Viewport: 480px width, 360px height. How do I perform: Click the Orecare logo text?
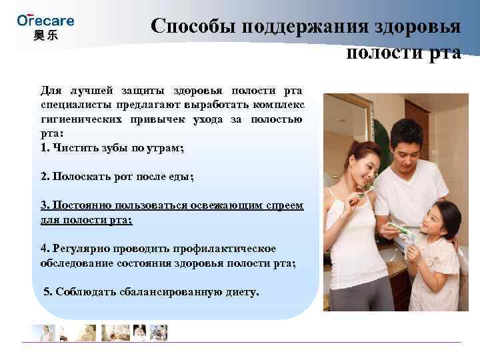click(x=45, y=20)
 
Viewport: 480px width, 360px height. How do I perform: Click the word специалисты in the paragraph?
click(x=71, y=105)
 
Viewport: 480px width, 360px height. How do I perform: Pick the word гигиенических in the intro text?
click(x=77, y=119)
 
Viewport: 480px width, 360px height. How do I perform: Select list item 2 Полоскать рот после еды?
click(x=117, y=177)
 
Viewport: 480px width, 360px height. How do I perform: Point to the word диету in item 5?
click(x=241, y=292)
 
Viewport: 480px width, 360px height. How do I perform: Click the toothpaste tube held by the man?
click(x=399, y=230)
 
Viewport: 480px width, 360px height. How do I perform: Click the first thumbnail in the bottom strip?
click(x=44, y=332)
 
